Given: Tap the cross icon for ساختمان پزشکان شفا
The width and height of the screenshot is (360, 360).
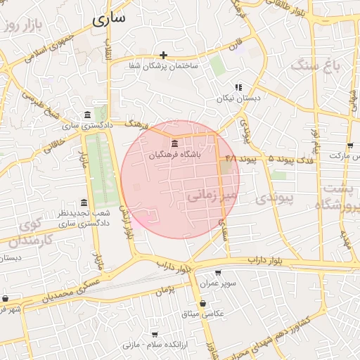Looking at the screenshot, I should click(163, 55).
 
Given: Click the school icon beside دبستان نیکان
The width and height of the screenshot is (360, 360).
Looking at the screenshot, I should click(238, 87).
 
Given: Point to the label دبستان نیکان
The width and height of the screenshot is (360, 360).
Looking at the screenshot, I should click(238, 98).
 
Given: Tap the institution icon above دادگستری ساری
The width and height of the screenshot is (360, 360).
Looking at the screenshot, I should click(86, 115).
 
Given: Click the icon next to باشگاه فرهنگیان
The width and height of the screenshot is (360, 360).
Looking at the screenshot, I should click(174, 144).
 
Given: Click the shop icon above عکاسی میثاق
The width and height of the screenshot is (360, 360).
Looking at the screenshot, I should click(202, 303).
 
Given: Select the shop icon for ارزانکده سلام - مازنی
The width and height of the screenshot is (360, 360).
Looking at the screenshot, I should click(155, 335).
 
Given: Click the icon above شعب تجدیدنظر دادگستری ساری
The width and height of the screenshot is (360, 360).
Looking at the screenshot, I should click(84, 202).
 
